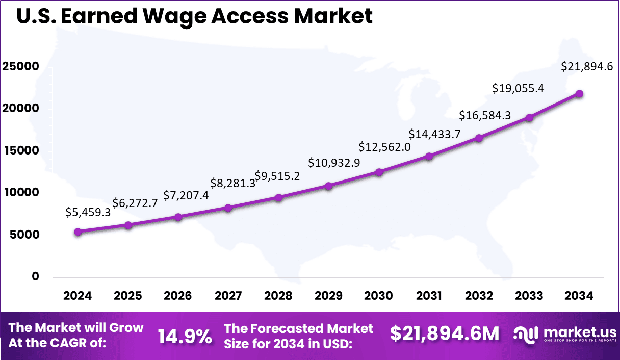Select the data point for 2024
point(77,232)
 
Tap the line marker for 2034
point(579,94)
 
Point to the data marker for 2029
point(329,186)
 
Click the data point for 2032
point(479,138)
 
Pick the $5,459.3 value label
point(88,213)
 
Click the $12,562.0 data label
point(385,147)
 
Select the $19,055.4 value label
point(518,88)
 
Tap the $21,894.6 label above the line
point(586,66)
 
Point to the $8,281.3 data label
point(233,183)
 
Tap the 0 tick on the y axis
point(35,276)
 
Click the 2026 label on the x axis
point(178,296)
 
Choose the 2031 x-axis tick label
point(429,296)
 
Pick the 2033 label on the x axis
point(529,296)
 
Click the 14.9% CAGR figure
point(185,336)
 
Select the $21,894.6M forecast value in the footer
point(445,334)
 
